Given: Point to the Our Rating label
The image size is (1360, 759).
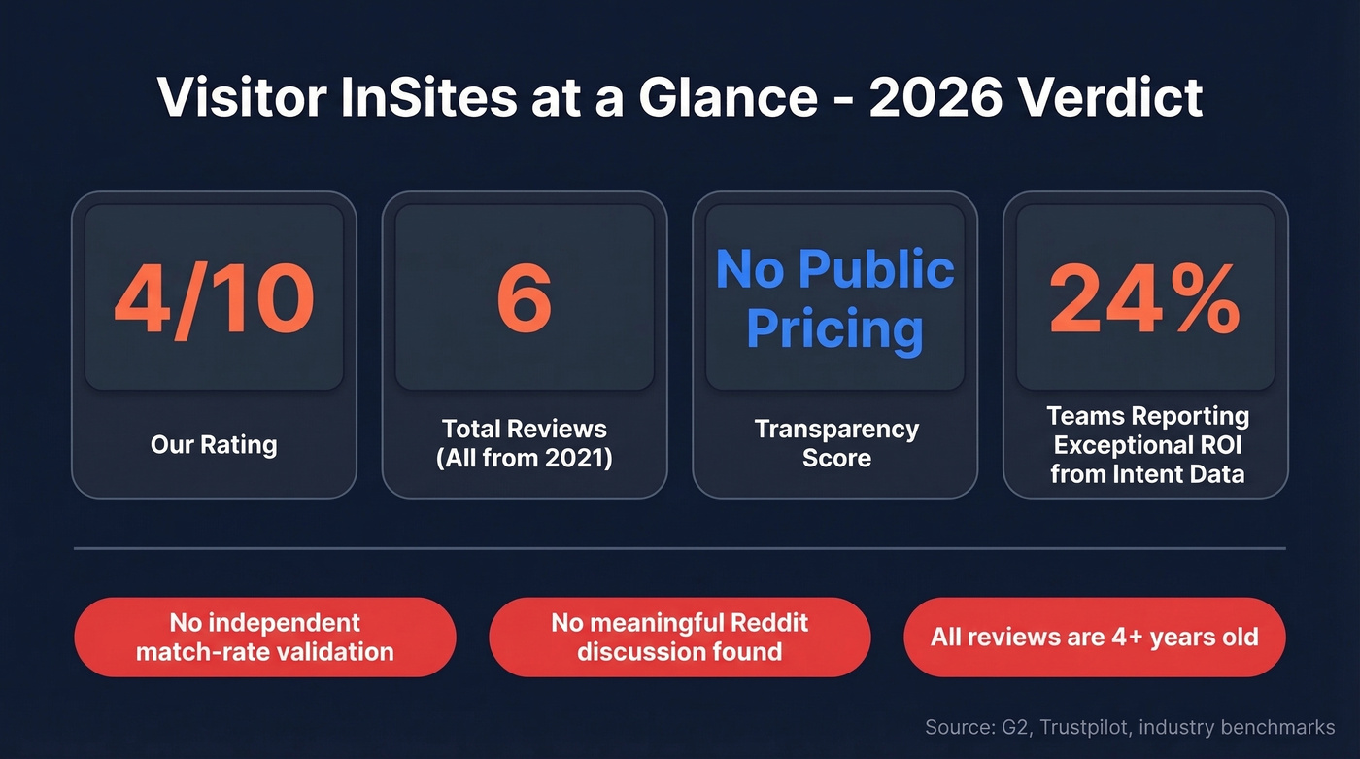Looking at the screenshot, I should tap(214, 445).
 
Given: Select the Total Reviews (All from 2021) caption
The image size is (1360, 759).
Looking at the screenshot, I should tap(525, 443).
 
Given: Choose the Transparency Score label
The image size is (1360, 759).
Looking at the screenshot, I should tap(835, 443).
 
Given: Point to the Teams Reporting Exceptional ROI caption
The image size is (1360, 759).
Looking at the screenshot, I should tap(1147, 445).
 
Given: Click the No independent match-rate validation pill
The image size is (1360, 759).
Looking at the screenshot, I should tap(265, 637).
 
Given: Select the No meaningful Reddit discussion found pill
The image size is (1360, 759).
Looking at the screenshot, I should tap(680, 637).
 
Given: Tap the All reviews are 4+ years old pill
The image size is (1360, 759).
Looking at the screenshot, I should tap(1095, 637).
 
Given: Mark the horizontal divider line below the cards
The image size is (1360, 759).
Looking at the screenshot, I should tap(680, 548).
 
